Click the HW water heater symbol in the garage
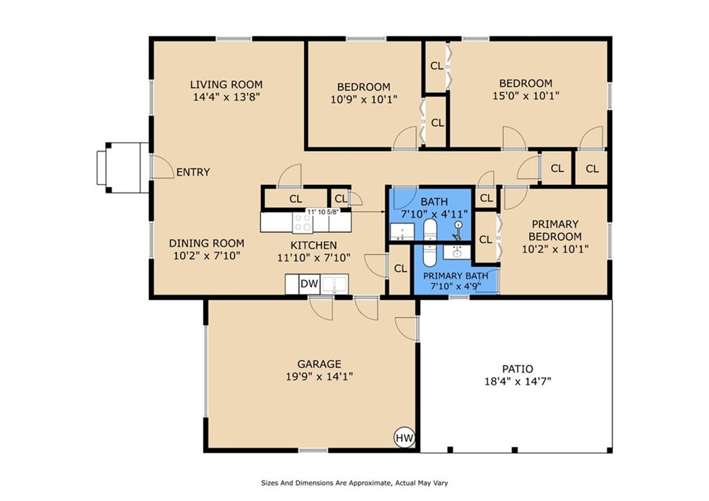click(x=404, y=437)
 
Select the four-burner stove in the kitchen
click(x=303, y=222)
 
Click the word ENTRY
click(x=193, y=172)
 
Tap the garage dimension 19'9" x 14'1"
click(x=319, y=377)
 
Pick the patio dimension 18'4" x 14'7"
click(x=517, y=381)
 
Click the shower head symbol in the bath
click(x=458, y=227)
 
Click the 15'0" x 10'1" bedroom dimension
click(x=527, y=96)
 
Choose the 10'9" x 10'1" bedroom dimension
click(x=364, y=100)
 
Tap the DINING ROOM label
click(x=207, y=243)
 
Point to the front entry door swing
click(x=162, y=167)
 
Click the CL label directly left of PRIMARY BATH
click(x=400, y=269)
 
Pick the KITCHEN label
click(x=313, y=245)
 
